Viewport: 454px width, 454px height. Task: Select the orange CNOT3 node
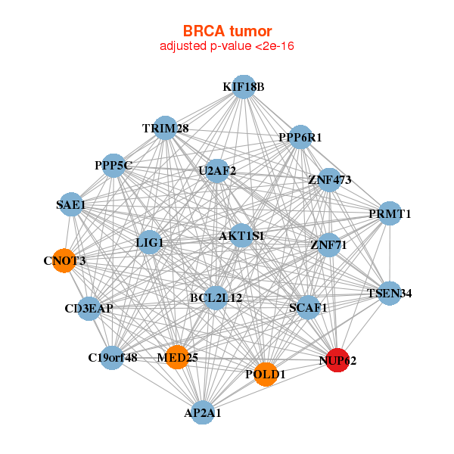tap(64, 260)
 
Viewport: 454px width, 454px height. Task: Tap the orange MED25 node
tap(177, 356)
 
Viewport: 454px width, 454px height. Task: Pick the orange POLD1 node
tap(265, 374)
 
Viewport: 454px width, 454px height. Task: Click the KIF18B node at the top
tap(243, 87)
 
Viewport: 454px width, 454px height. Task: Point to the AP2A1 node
tap(202, 412)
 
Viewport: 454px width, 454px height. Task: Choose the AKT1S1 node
tap(241, 236)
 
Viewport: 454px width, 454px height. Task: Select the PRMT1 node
tap(389, 213)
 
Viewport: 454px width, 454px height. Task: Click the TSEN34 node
tap(389, 293)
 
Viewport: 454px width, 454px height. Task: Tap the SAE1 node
tap(71, 204)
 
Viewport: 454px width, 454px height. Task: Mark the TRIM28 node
tap(165, 128)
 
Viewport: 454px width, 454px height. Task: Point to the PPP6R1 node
tap(300, 137)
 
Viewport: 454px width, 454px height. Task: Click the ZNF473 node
tap(329, 179)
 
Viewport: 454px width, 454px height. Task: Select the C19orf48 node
tap(112, 357)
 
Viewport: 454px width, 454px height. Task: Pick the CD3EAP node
tap(89, 308)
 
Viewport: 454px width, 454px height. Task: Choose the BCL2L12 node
tap(216, 297)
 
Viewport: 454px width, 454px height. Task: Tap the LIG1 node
tap(150, 242)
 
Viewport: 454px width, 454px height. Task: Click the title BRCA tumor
tap(227, 31)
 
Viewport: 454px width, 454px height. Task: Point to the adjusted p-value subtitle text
tap(227, 46)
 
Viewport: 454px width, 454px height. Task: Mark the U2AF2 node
tap(217, 171)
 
